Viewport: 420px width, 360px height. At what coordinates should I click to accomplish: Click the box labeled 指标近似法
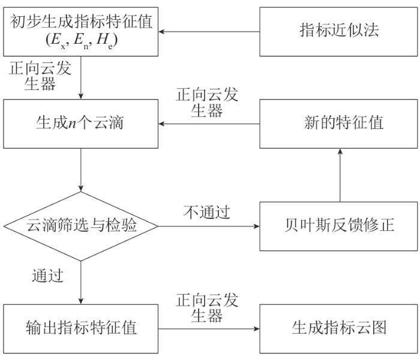[339, 30]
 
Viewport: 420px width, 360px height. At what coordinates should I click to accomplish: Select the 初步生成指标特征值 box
[80, 30]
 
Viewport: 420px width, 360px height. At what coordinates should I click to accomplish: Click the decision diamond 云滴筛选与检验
[80, 226]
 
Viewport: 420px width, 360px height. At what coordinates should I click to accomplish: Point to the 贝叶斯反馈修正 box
[339, 226]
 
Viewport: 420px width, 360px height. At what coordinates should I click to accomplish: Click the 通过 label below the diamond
[48, 277]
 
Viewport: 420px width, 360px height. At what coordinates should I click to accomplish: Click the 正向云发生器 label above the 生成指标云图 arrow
[206, 307]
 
